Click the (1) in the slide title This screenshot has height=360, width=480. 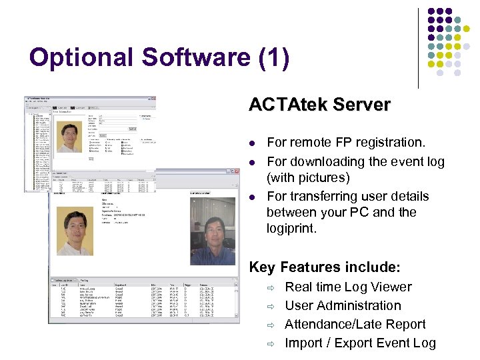click(x=273, y=58)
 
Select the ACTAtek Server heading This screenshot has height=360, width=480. click(x=319, y=105)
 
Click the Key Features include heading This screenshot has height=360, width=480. click(x=324, y=267)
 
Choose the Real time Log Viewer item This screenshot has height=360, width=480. click(x=348, y=287)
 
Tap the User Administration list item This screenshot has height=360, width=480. click(x=343, y=306)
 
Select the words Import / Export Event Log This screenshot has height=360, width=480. click(x=360, y=343)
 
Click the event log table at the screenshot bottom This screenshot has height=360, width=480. click(x=143, y=300)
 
